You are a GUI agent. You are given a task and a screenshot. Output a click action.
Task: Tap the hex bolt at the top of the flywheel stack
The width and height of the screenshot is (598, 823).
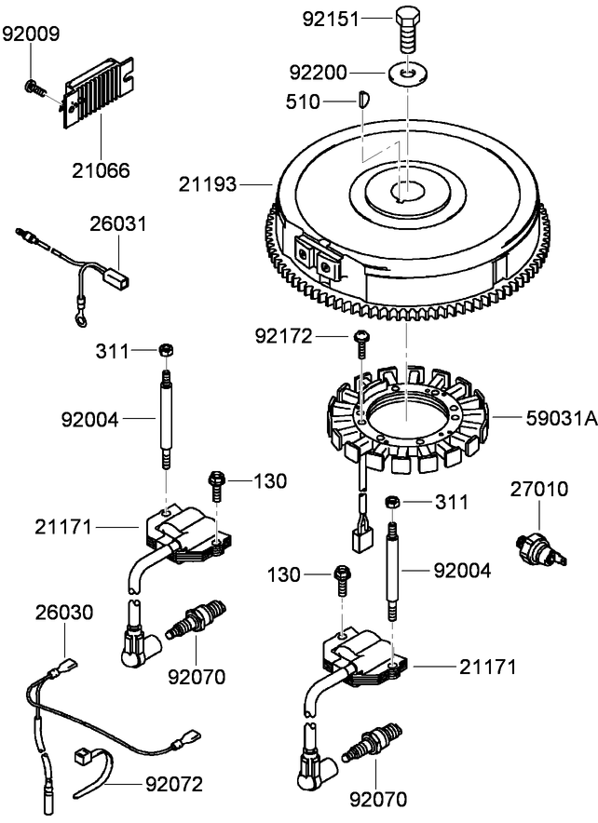pyautogui.click(x=408, y=32)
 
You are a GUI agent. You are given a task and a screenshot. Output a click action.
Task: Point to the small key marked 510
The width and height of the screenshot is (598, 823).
pyautogui.click(x=364, y=98)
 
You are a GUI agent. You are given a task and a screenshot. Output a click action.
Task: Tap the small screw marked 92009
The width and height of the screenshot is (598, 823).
pyautogui.click(x=34, y=88)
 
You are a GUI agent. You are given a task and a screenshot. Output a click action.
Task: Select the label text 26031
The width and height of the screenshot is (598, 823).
pyautogui.click(x=118, y=224)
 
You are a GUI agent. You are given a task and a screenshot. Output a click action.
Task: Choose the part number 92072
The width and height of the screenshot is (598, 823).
pyautogui.click(x=173, y=784)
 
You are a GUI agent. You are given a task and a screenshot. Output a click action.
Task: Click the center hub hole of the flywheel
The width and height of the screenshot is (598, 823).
pyautogui.click(x=407, y=192)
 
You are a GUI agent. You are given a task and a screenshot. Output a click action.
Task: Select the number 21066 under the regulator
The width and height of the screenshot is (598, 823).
pyautogui.click(x=101, y=170)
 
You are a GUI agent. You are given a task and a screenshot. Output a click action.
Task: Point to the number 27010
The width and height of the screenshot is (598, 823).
pyautogui.click(x=540, y=488)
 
